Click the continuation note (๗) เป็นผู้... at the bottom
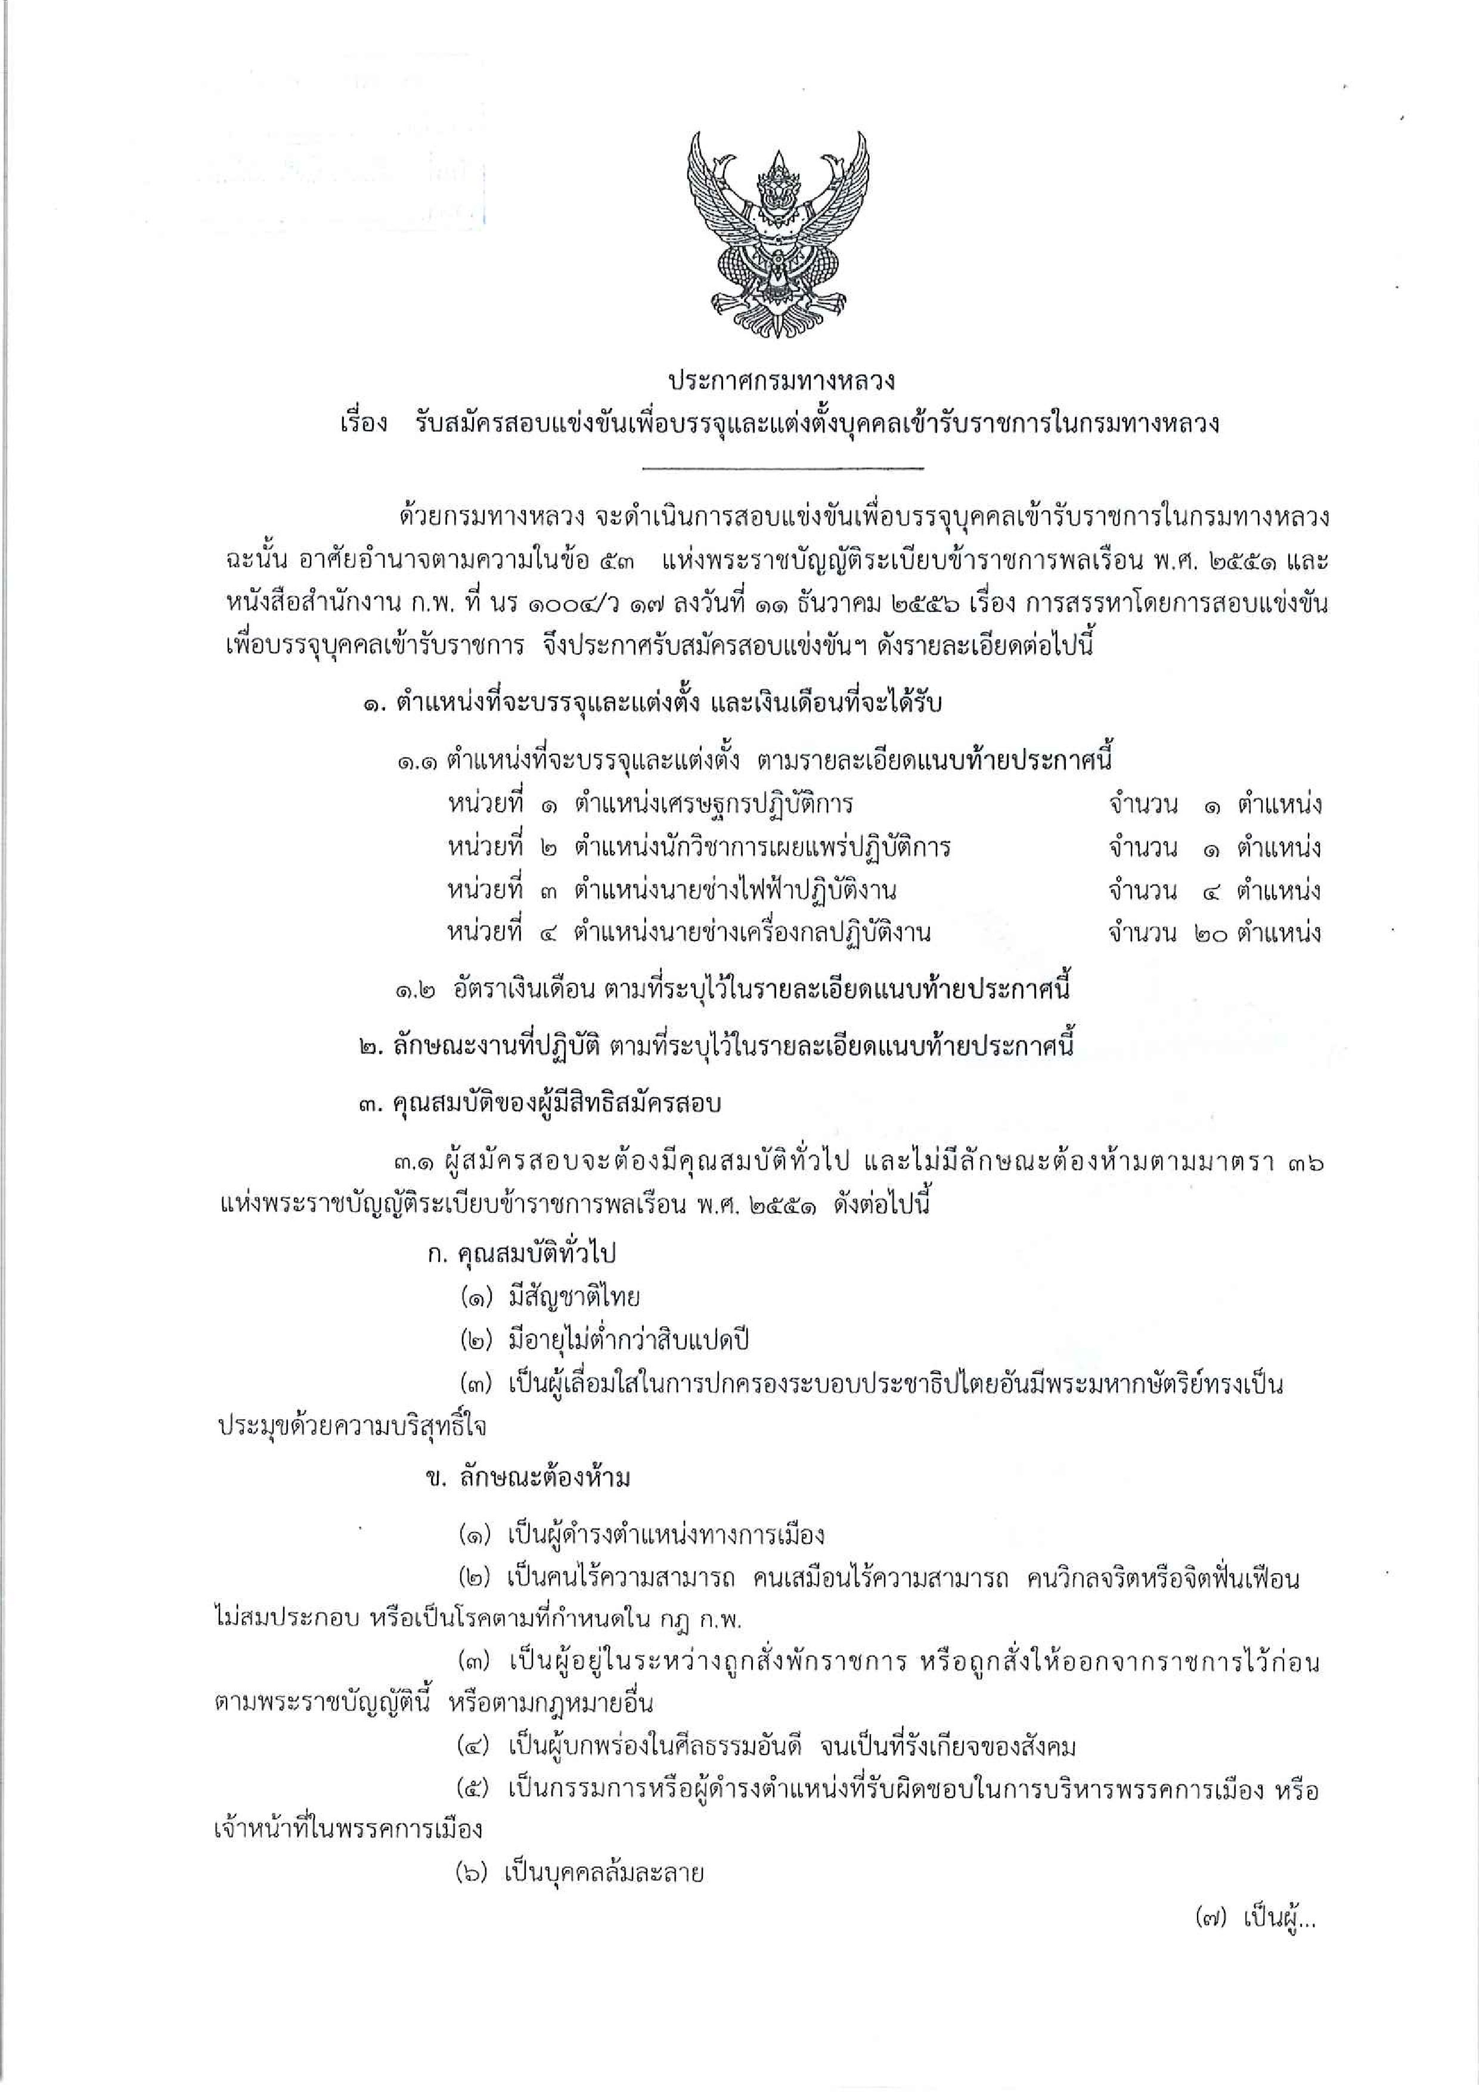(1256, 1919)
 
